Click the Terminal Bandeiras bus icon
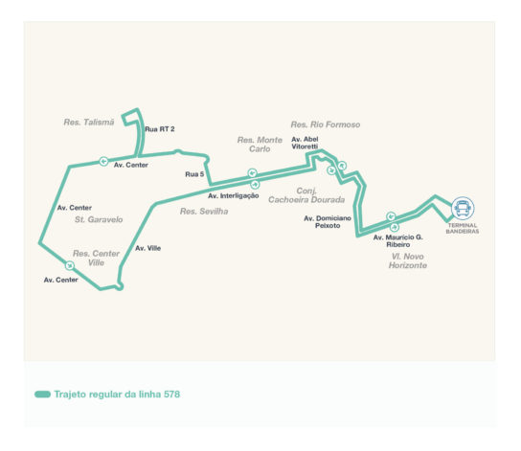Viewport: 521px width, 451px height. [x=463, y=208]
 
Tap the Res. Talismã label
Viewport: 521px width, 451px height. [x=89, y=123]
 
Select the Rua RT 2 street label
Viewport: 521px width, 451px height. [x=160, y=129]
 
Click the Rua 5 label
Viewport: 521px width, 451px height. [x=194, y=174]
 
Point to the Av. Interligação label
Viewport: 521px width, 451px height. [x=234, y=196]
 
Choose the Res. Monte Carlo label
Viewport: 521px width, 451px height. [x=260, y=145]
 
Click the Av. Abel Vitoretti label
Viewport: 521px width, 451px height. [x=305, y=143]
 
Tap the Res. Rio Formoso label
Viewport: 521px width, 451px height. [x=326, y=124]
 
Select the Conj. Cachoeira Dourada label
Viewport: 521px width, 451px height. [x=306, y=195]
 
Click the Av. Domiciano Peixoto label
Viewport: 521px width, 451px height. [x=328, y=222]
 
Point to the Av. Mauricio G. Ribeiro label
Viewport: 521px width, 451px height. [x=398, y=240]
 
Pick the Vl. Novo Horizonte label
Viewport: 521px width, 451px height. [x=408, y=260]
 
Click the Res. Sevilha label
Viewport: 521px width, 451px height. [x=204, y=212]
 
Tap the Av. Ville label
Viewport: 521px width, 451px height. [x=147, y=248]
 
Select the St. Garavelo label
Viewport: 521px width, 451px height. [x=99, y=219]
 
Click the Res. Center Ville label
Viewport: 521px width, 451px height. [x=96, y=258]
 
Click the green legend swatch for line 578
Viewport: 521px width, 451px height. [x=42, y=395]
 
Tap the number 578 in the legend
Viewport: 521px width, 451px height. [x=171, y=395]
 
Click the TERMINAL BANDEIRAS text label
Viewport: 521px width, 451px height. [x=463, y=228]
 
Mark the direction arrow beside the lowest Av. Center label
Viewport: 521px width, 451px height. [x=70, y=265]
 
